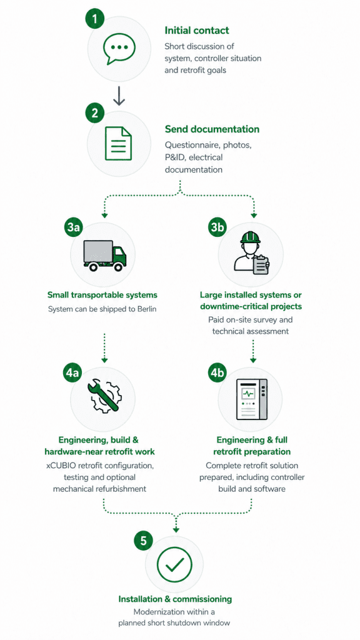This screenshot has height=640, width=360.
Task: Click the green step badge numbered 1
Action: tap(95, 19)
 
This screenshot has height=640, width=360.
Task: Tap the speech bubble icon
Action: tap(119, 49)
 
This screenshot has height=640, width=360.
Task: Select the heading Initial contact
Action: tap(197, 30)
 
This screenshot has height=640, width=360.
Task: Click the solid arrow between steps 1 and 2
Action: tap(119, 95)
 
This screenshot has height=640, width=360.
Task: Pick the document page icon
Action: tap(118, 143)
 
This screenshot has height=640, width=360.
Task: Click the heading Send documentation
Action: tap(212, 129)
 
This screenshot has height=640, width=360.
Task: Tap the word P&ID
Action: tap(175, 157)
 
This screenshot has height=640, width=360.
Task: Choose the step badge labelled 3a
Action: tap(74, 227)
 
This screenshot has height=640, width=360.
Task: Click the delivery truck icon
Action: tap(105, 256)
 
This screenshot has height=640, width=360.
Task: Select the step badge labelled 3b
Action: tap(217, 227)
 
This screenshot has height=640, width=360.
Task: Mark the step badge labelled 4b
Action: tap(217, 372)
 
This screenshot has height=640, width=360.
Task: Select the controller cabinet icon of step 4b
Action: tap(252, 399)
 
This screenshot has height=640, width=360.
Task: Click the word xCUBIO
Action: tap(59, 465)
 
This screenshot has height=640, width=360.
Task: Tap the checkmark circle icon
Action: tap(174, 565)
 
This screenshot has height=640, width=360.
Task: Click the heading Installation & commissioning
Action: tap(175, 599)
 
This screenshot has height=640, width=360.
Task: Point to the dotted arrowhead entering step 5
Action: tap(176, 529)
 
